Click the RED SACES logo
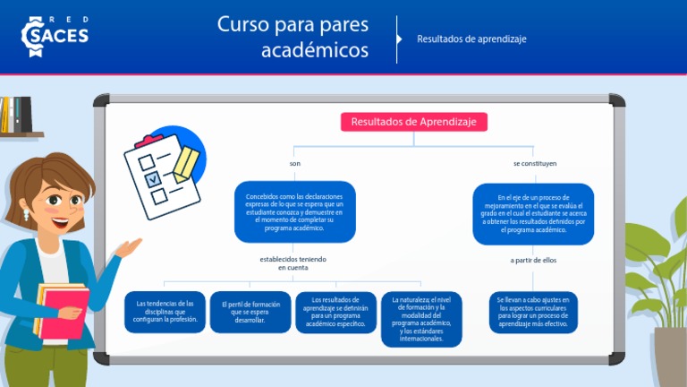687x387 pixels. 55,32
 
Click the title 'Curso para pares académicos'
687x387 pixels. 293,37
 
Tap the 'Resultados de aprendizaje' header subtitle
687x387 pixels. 471,39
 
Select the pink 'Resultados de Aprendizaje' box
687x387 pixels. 413,122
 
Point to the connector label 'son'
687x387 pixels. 295,164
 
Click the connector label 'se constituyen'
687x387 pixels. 534,164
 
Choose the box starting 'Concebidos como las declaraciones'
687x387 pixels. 294,211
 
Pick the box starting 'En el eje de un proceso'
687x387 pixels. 533,213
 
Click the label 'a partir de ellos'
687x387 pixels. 534,261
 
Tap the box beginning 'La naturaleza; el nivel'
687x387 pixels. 421,320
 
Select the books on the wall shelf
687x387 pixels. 15,115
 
